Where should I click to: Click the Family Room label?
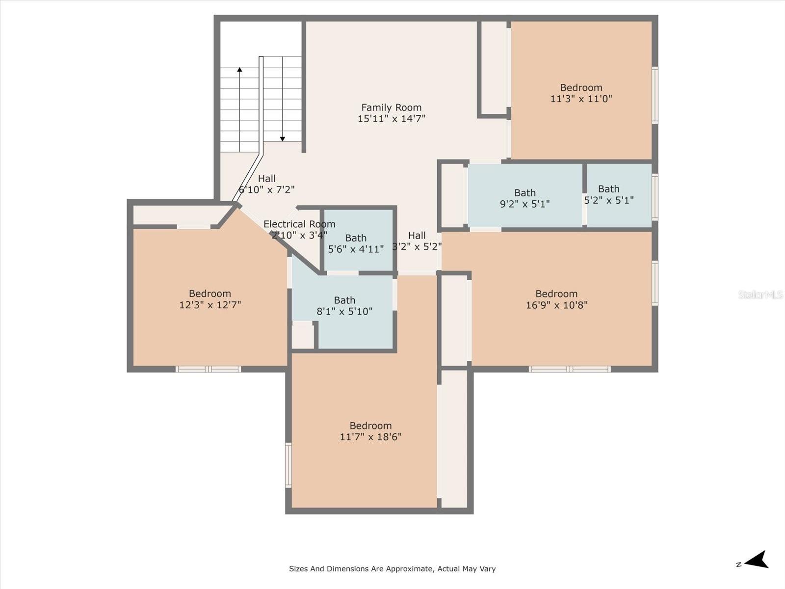[x=391, y=107]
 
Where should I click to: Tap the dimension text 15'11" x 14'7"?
[x=392, y=118]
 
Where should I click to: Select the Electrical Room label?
[x=299, y=224]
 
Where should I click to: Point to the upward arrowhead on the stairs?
[x=239, y=69]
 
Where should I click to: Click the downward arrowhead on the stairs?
[x=283, y=139]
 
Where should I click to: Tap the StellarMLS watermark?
[x=760, y=295]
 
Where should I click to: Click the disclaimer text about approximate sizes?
[x=392, y=568]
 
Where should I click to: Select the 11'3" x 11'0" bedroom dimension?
[x=581, y=99]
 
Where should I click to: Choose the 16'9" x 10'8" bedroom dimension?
[x=556, y=305]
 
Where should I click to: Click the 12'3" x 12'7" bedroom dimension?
[x=210, y=305]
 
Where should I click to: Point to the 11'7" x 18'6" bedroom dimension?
[x=370, y=437]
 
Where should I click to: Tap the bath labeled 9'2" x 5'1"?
[x=524, y=198]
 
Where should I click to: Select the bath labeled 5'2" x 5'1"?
[x=609, y=194]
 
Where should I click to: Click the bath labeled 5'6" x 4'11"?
[x=356, y=243]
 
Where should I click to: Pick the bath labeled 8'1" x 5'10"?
[x=344, y=306]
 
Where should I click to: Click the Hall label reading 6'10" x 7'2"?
[x=266, y=184]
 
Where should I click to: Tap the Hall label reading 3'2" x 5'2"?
[x=417, y=241]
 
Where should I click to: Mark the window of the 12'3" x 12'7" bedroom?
[x=208, y=369]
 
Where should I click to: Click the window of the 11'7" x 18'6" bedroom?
[x=288, y=465]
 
